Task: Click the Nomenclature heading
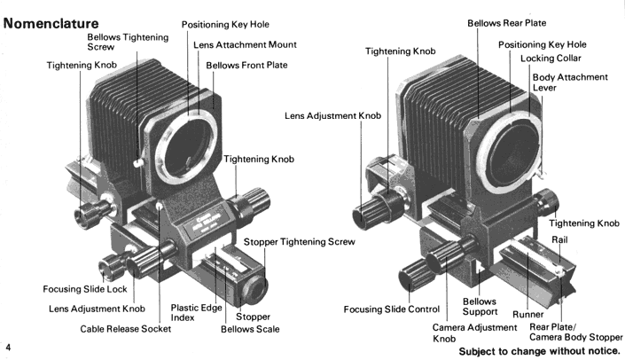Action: pos(51,21)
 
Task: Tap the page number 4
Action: pos(7,344)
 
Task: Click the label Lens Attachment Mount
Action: pos(244,44)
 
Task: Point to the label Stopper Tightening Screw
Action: pos(299,242)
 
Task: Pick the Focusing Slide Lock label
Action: pos(85,289)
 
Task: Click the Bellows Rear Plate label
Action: pos(506,22)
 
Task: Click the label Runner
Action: pos(527,315)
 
